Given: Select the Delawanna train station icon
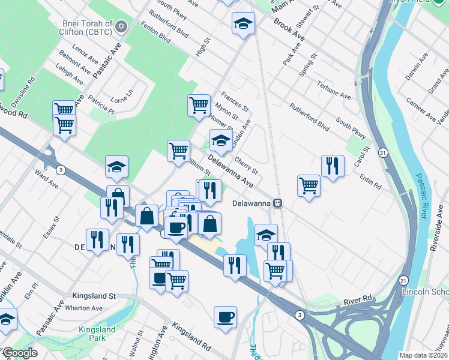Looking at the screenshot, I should coord(277,203).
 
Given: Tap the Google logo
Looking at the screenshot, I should coord(19,353).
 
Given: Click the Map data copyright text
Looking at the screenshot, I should coord(423,355).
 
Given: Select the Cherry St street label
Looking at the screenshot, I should coord(246,163).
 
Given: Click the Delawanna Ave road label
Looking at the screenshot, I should coord(231,171).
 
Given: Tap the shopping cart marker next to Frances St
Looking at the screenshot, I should coord(199,105).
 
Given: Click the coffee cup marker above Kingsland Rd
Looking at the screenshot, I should coord(225,316).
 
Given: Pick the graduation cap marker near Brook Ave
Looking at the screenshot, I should coord(243,24).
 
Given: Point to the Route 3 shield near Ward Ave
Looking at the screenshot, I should coord(61,170).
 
